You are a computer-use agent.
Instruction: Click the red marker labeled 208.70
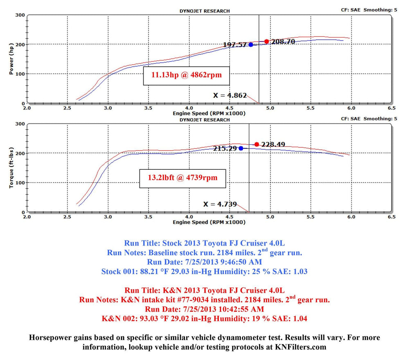pyautogui.click(x=266, y=41)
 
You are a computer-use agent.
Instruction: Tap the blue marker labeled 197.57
pyautogui.click(x=250, y=45)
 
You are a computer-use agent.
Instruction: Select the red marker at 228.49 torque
pyautogui.click(x=257, y=144)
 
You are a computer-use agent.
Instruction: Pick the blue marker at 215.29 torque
pyautogui.click(x=241, y=148)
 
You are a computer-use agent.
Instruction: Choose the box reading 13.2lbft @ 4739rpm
pyautogui.click(x=182, y=178)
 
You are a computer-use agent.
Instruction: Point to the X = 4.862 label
pyautogui.click(x=230, y=95)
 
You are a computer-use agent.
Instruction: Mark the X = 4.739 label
pyautogui.click(x=220, y=204)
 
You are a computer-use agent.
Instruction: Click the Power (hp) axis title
pyautogui.click(x=11, y=59)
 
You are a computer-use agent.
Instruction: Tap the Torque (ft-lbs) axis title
pyautogui.click(x=11, y=168)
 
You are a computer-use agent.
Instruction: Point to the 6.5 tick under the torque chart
pyautogui.click(x=391, y=217)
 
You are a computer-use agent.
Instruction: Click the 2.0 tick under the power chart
pyautogui.click(x=27, y=108)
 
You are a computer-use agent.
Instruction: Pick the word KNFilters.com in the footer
pyautogui.click(x=300, y=347)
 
